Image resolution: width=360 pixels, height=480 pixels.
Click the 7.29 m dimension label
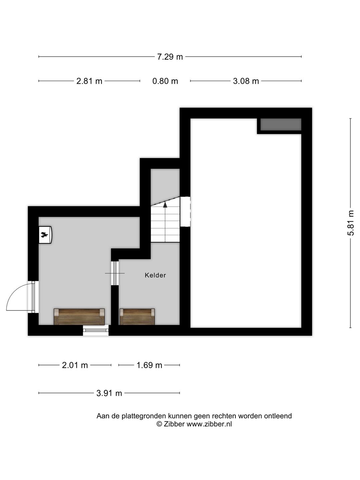tap(170, 57)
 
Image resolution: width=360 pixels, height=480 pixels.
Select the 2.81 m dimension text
tap(89, 81)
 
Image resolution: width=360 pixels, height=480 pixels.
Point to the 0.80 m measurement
tap(165, 81)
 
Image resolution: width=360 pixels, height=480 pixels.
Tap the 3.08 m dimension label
tap(246, 81)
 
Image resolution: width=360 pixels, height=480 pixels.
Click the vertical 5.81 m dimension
tap(351, 223)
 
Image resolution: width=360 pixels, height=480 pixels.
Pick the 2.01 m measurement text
tap(75, 365)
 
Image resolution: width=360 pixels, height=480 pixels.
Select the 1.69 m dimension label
tap(149, 365)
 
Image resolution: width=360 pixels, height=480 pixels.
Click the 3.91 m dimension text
tap(109, 393)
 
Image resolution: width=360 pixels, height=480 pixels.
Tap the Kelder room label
tap(155, 275)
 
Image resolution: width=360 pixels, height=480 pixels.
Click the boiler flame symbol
tap(44, 235)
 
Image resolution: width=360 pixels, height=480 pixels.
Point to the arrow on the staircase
tap(165, 204)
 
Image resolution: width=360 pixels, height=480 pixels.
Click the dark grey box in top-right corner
tap(281, 125)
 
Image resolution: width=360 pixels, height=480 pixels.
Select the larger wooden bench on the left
tap(79, 316)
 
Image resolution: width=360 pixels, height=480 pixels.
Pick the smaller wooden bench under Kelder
tap(137, 316)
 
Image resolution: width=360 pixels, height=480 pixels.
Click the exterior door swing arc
tap(17, 295)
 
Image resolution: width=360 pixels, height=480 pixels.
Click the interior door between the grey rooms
tap(115, 273)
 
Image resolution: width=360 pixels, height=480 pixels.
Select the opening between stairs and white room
tap(185, 212)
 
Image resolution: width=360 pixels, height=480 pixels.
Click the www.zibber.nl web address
tap(209, 424)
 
